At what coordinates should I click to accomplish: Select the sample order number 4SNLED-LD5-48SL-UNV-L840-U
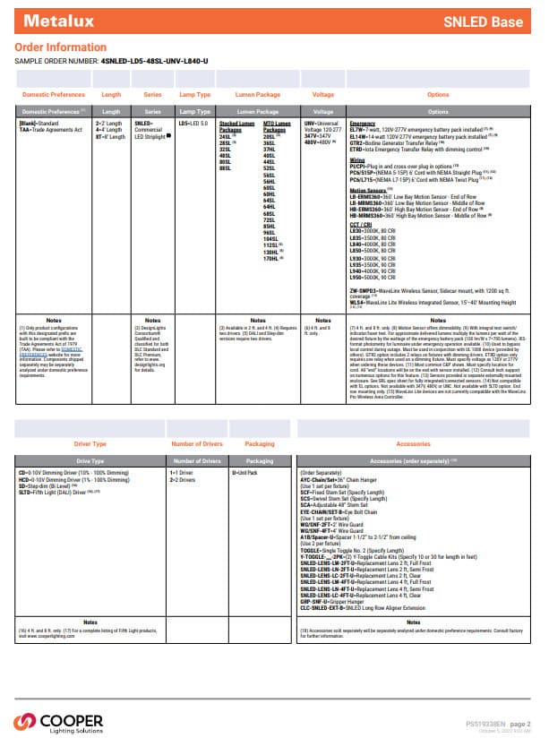click(154, 60)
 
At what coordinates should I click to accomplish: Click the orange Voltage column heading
click(322, 94)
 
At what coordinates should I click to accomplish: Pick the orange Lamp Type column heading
click(195, 94)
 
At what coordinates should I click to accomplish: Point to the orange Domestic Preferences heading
click(53, 94)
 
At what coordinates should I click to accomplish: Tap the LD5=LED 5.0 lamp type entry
click(193, 122)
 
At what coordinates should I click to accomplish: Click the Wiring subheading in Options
click(358, 159)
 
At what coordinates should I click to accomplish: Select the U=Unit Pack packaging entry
click(244, 471)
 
